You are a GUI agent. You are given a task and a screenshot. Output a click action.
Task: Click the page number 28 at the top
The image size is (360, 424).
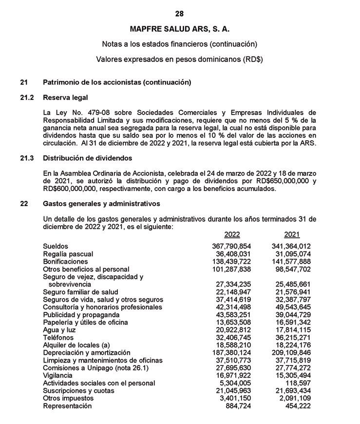180,13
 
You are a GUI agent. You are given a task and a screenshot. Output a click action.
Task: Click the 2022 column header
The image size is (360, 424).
232,234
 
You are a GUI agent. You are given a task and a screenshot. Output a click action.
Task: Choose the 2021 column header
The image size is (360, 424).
292,234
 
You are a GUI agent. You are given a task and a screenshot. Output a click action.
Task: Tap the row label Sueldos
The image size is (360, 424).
56,247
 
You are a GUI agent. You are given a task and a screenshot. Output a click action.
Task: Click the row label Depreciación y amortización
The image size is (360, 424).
87,353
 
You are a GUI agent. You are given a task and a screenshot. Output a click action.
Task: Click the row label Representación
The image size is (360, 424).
67,405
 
